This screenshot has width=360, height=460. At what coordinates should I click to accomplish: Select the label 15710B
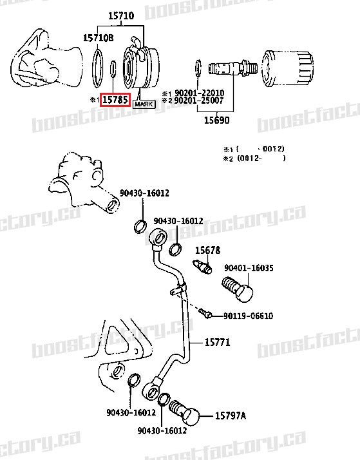[x=98, y=38]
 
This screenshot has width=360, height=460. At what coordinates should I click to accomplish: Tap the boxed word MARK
[x=144, y=102]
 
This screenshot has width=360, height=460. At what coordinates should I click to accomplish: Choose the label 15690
[x=217, y=120]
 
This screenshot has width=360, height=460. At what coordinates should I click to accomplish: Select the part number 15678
[x=208, y=250]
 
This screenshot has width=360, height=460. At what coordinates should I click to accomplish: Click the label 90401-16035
[x=249, y=267]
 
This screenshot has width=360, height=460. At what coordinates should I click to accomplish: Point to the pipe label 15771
[x=217, y=342]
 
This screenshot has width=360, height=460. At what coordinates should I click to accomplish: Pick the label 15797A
[x=230, y=416]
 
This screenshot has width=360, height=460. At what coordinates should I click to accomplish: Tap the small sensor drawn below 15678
[x=202, y=265]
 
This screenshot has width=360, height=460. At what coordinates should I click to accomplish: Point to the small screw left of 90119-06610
[x=205, y=314]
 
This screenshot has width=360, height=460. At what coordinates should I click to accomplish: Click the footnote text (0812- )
[x=261, y=157]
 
